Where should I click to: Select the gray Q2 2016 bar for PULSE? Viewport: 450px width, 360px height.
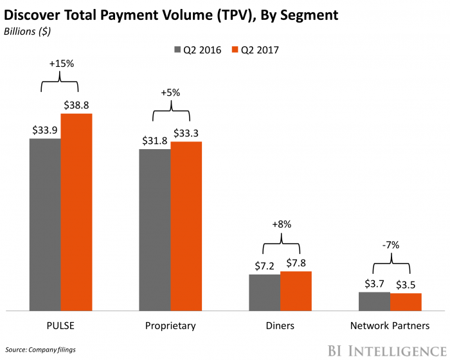coord(45,224)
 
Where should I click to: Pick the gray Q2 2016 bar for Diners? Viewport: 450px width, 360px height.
coord(265,292)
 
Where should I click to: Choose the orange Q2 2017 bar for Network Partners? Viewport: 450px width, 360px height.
coord(406,302)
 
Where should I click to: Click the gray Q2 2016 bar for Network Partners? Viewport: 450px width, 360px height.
coord(374,301)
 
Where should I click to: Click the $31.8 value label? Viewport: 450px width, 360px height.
coord(155,140)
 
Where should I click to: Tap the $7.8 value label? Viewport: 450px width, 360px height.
coord(296,262)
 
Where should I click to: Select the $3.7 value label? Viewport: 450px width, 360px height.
coord(373,283)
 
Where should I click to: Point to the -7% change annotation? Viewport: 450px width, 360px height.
coord(390,245)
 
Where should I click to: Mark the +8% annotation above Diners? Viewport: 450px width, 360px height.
coord(281,224)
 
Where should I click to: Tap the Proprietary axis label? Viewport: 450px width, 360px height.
coord(170,326)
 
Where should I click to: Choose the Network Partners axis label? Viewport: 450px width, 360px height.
coord(390,326)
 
